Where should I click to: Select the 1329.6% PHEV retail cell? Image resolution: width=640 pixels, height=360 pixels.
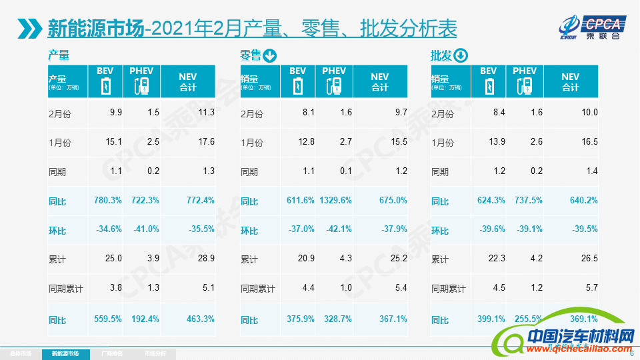click(x=335, y=201)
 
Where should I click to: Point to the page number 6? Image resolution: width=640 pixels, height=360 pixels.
click(x=631, y=353)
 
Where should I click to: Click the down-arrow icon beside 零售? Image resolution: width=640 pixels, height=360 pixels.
click(x=270, y=55)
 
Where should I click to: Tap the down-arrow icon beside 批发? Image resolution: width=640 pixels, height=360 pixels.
click(x=461, y=55)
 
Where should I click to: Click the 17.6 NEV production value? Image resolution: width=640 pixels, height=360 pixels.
click(x=207, y=141)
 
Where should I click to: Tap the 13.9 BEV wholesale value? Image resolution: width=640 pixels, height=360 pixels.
click(x=497, y=141)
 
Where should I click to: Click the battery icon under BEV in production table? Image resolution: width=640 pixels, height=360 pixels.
click(x=106, y=87)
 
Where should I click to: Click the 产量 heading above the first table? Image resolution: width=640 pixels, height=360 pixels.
click(x=59, y=55)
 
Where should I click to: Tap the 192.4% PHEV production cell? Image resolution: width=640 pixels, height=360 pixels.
click(x=144, y=319)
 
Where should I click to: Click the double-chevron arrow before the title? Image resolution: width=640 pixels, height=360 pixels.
click(x=29, y=29)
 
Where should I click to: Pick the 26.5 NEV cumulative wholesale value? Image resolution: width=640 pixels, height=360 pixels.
click(x=589, y=259)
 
